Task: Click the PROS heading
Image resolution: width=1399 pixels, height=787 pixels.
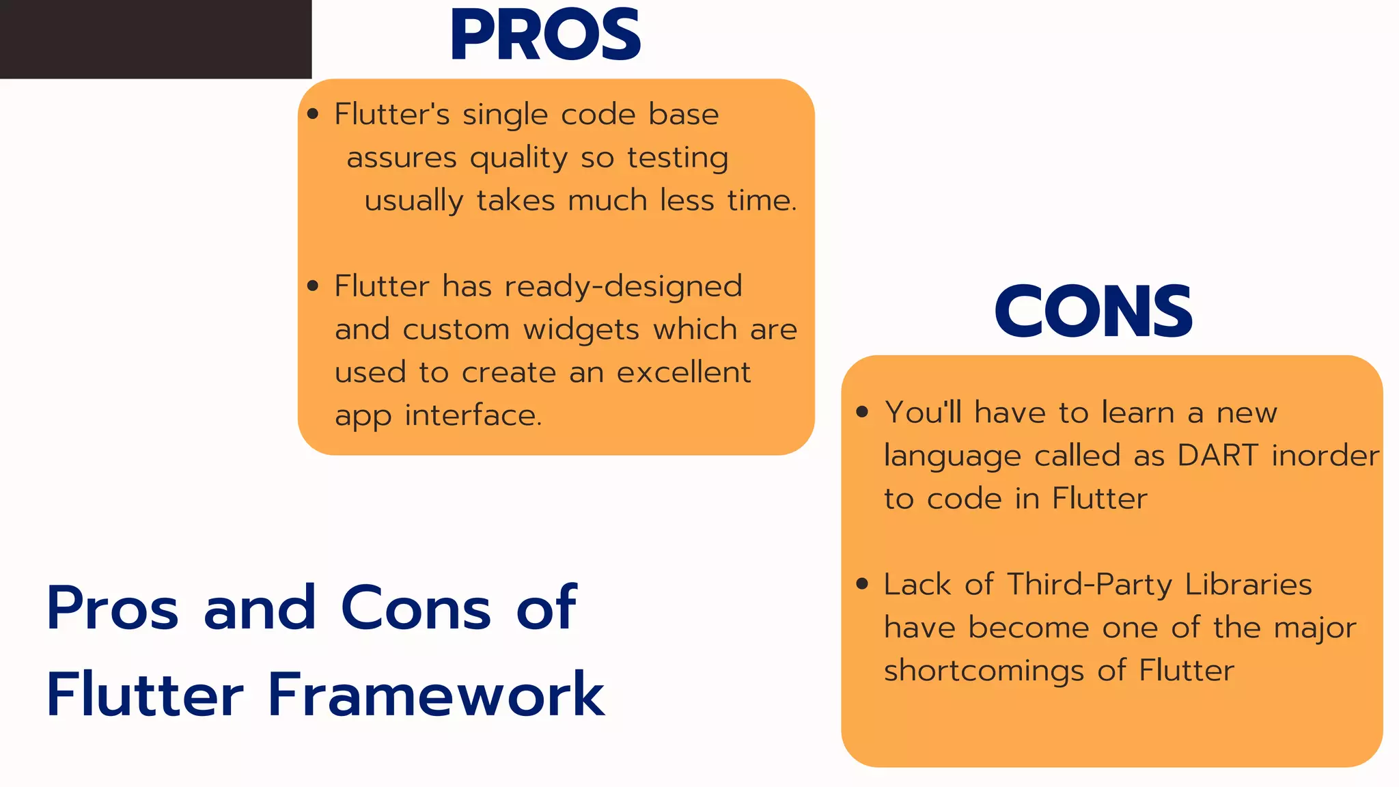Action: [x=545, y=36]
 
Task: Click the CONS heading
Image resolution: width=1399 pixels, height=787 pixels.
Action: [x=1093, y=312]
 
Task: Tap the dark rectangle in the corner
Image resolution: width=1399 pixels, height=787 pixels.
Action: [x=156, y=39]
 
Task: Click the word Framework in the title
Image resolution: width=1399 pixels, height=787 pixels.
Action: [x=436, y=695]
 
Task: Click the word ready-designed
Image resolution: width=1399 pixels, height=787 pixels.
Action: [x=623, y=286]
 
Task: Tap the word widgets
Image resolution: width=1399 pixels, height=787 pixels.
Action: [x=581, y=330]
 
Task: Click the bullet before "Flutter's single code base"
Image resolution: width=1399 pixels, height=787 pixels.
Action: [x=313, y=114]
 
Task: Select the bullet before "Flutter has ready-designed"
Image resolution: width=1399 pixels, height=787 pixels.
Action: [x=313, y=286]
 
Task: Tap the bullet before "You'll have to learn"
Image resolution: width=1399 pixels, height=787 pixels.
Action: [x=862, y=412]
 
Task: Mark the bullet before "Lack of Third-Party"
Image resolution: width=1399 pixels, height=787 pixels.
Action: [x=862, y=584]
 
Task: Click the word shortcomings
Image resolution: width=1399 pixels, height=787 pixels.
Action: [x=984, y=671]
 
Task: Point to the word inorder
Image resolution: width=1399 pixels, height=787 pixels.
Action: [x=1325, y=456]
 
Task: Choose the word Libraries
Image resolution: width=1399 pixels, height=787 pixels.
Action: [x=1248, y=585]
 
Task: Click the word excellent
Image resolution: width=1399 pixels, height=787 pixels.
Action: [x=684, y=372]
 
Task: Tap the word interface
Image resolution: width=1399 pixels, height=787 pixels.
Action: [x=473, y=415]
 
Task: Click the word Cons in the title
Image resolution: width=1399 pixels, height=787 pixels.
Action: [x=415, y=608]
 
